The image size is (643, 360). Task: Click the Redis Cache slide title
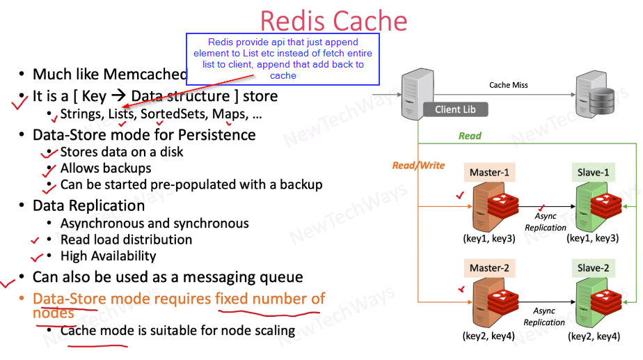334,20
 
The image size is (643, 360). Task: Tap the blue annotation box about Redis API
283,59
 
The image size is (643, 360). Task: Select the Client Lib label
455,109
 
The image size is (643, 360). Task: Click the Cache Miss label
509,85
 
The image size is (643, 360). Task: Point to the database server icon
596,95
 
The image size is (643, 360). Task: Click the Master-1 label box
490,173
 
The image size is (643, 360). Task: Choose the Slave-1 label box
594,173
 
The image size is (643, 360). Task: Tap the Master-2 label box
490,268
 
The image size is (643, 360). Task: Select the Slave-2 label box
594,268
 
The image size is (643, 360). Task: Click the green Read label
470,136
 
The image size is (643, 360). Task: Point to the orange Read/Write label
419,166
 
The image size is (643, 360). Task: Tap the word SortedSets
173,114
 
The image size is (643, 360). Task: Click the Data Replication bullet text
88,205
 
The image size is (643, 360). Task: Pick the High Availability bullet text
109,256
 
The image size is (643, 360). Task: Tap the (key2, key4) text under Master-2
489,336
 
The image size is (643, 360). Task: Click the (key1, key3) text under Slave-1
593,238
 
